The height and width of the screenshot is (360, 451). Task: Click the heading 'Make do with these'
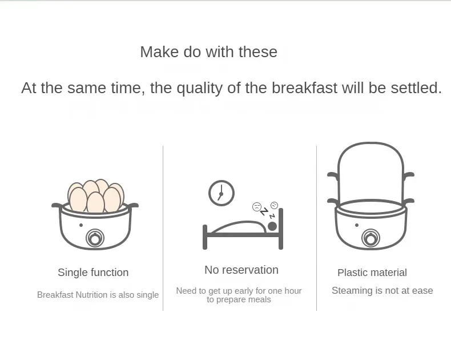[x=208, y=52]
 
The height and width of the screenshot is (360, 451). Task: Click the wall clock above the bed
[x=221, y=193]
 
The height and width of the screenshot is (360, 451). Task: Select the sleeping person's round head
[x=272, y=226]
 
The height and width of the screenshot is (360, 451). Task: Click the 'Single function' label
[x=93, y=273]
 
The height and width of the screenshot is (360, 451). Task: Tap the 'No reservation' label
[x=241, y=270]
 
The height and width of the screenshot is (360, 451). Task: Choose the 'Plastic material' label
[x=372, y=273]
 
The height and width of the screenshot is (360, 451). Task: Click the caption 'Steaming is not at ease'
[x=382, y=290]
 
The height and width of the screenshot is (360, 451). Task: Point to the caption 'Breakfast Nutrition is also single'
[x=98, y=295]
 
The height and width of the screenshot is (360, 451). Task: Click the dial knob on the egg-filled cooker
[x=95, y=238]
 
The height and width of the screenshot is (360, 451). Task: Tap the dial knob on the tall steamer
[x=371, y=238]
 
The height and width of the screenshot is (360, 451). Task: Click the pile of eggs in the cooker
[x=95, y=196]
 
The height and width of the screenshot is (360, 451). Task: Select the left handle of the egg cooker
[x=57, y=205]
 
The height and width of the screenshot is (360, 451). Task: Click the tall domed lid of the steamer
[x=371, y=169]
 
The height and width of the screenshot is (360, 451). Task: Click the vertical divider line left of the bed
[x=163, y=229]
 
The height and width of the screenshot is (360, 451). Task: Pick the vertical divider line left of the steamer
[x=317, y=229]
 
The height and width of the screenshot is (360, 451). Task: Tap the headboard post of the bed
[x=281, y=229]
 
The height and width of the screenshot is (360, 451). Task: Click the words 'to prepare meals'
[x=239, y=299]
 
